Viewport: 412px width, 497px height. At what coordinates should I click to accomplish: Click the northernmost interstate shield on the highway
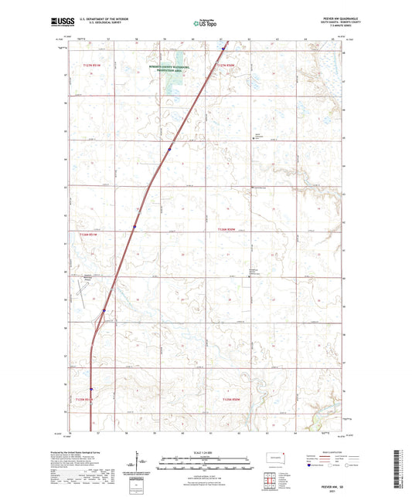(223, 51)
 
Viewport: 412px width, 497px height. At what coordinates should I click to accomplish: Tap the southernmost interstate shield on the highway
(91, 390)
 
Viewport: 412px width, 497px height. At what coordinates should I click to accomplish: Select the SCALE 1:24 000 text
(205, 452)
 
